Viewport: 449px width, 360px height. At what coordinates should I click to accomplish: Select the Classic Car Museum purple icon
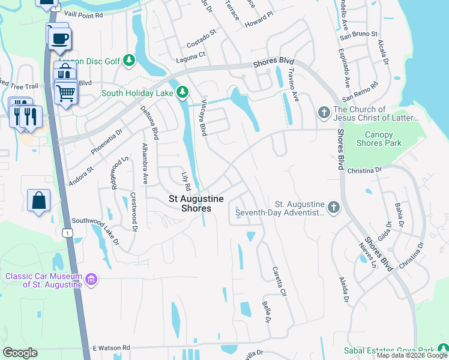91,279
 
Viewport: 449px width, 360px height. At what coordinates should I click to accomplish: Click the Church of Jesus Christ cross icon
323,112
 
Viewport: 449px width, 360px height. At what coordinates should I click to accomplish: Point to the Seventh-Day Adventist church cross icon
334,208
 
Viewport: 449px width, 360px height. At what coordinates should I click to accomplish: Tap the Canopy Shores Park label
379,139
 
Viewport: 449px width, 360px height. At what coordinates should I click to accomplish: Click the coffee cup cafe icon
59,39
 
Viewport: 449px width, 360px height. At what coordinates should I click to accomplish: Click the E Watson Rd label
111,347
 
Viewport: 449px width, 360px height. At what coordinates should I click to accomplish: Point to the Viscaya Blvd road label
204,116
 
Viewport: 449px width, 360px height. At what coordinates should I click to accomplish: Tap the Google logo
20,353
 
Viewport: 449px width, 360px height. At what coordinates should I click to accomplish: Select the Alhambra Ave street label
145,163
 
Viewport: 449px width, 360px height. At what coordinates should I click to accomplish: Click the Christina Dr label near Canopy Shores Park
364,170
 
